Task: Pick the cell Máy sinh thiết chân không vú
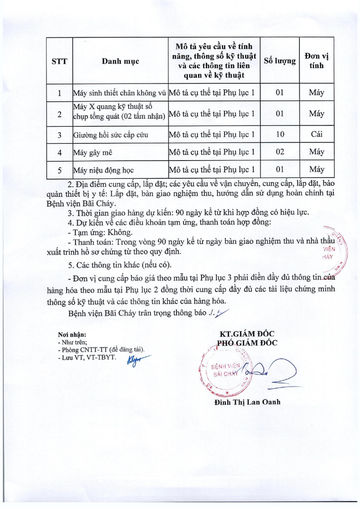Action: tap(119, 94)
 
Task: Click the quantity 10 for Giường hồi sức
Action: tap(279, 134)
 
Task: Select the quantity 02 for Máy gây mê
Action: tap(279, 152)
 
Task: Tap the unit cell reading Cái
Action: tap(317, 134)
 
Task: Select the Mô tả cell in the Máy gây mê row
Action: tap(214, 152)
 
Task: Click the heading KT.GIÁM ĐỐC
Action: tap(247, 334)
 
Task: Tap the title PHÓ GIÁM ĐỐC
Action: tap(247, 343)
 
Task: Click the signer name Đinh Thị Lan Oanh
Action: tap(247, 402)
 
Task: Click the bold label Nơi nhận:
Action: tap(72, 334)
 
